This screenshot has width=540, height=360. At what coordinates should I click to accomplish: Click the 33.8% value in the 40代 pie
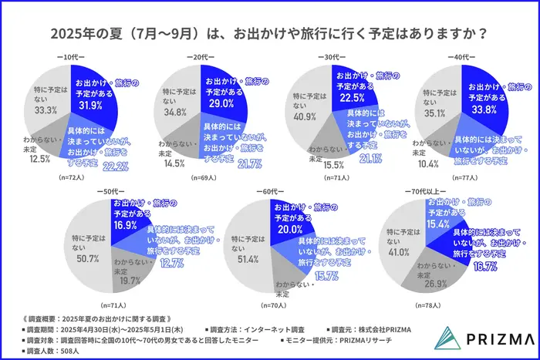(484, 109)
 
